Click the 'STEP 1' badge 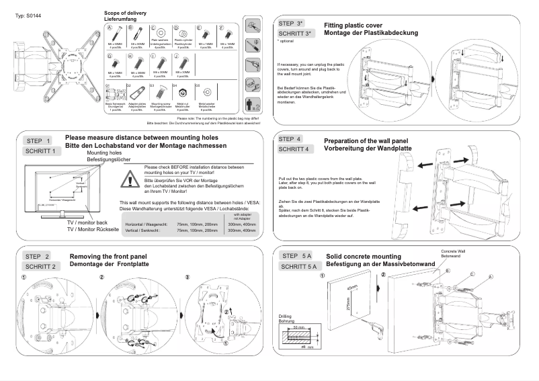[38, 141]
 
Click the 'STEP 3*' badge [295, 24]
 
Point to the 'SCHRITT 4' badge [294, 149]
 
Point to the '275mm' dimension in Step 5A [348, 305]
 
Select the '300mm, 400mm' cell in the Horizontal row [241, 224]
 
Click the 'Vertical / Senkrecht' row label [142, 230]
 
